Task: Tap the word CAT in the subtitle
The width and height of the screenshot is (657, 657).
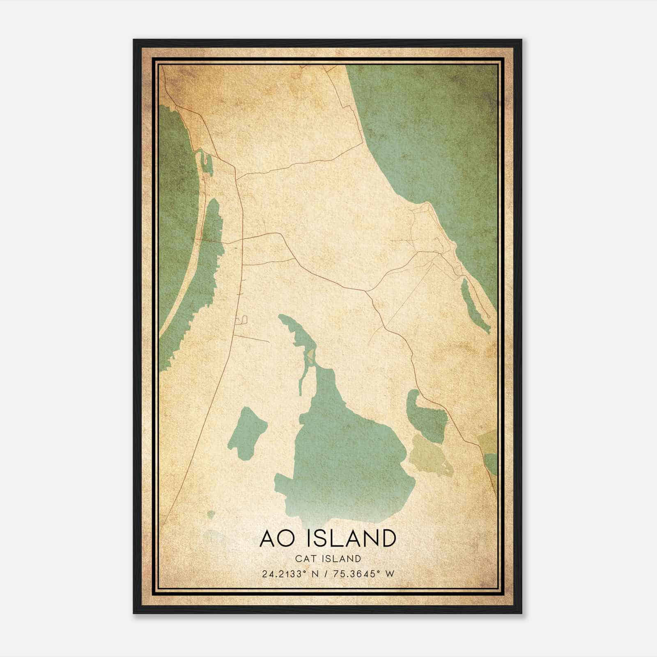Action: pyautogui.click(x=306, y=558)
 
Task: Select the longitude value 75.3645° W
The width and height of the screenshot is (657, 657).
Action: pyautogui.click(x=361, y=574)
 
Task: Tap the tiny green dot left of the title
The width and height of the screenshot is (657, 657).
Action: pyautogui.click(x=211, y=514)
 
